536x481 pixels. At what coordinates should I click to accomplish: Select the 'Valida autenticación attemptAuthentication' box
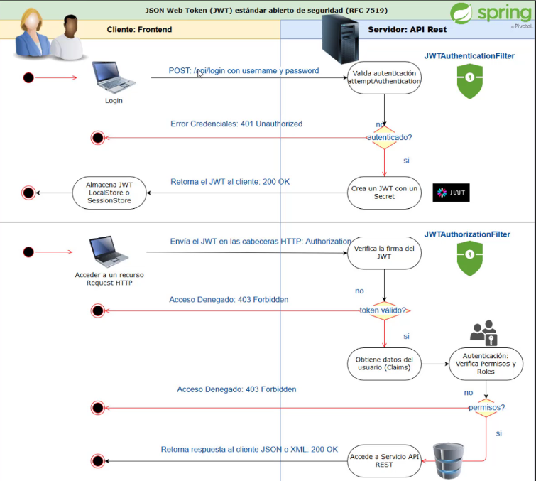(x=384, y=77)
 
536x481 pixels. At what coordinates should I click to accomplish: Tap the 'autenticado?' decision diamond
(x=384, y=137)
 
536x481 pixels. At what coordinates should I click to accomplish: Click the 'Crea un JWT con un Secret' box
(x=384, y=193)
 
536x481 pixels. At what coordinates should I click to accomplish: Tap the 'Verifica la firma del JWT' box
(x=384, y=252)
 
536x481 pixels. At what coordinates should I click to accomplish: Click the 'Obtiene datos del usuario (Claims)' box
(x=384, y=364)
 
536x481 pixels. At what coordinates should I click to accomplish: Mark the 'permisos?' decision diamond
(x=486, y=408)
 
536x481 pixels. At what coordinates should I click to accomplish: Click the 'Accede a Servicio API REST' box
(x=384, y=460)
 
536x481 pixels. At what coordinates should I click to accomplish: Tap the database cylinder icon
(x=449, y=460)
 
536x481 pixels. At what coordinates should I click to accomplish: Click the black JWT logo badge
(x=451, y=193)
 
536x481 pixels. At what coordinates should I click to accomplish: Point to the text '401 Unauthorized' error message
(x=271, y=124)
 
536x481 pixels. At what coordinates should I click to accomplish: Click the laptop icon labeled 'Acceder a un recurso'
(x=109, y=252)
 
